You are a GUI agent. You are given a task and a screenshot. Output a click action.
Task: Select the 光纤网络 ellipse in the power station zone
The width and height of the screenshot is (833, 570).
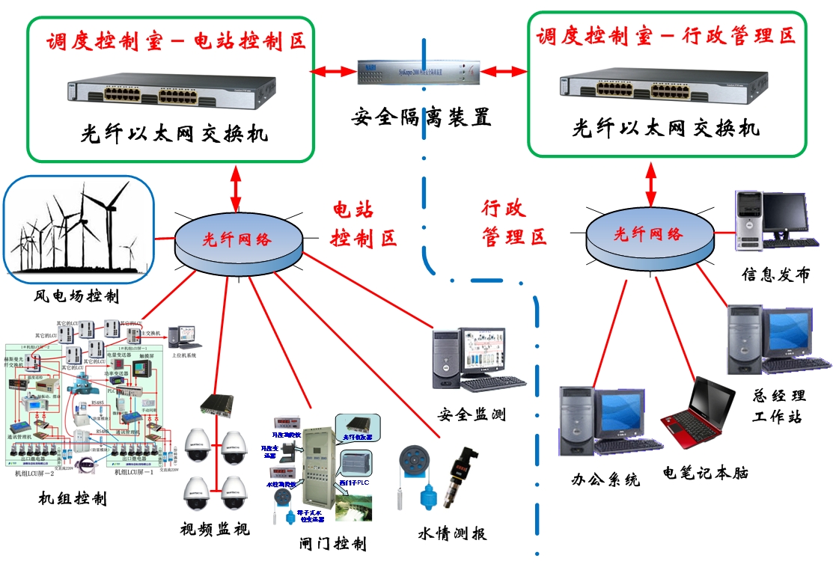click(x=237, y=239)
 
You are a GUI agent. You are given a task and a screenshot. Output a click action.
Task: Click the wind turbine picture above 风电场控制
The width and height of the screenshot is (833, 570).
click(x=79, y=229)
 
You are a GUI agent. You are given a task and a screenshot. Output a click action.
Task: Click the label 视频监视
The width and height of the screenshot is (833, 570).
click(x=215, y=530)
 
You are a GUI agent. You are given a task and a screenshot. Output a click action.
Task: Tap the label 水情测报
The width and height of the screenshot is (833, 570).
click(x=452, y=533)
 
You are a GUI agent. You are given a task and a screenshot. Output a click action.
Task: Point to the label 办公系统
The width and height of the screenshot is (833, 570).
click(x=605, y=479)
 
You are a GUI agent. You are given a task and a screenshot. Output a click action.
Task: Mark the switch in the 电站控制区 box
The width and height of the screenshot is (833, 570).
click(x=170, y=92)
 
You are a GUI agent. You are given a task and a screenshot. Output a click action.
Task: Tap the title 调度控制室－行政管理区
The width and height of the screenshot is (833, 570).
click(x=665, y=35)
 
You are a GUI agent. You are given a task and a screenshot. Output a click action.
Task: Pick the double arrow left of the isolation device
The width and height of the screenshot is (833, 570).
click(x=333, y=72)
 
